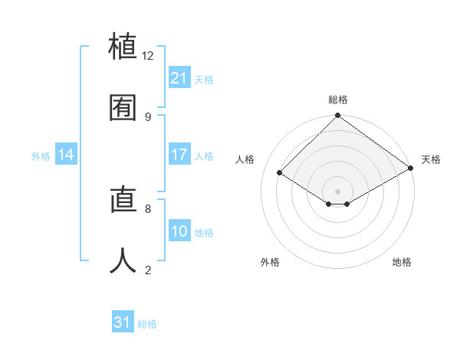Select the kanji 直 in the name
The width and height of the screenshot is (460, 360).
click(x=123, y=200)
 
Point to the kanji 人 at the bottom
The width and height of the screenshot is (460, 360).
click(x=123, y=260)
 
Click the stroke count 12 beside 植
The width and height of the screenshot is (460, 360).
click(x=148, y=56)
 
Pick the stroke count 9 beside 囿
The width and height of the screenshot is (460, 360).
click(x=148, y=116)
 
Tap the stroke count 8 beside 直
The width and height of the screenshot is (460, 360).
click(x=148, y=208)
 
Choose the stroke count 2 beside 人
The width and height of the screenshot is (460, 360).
click(x=148, y=270)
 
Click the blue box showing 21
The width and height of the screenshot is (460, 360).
click(x=179, y=78)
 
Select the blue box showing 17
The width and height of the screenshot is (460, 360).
click(x=179, y=155)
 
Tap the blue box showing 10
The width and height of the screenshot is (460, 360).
click(x=179, y=231)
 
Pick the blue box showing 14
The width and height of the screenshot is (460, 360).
click(x=66, y=155)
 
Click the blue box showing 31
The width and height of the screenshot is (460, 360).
click(x=123, y=322)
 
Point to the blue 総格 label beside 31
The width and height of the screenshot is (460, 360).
click(x=147, y=324)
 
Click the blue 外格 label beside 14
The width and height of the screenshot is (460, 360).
click(x=41, y=156)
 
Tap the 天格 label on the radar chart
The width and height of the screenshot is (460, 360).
click(x=431, y=159)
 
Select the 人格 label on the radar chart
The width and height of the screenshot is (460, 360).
click(x=245, y=159)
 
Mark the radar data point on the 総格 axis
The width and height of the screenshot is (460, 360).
click(x=337, y=116)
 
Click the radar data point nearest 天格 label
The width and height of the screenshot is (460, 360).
click(x=410, y=169)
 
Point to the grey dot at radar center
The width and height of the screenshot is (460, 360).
click(x=337, y=190)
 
